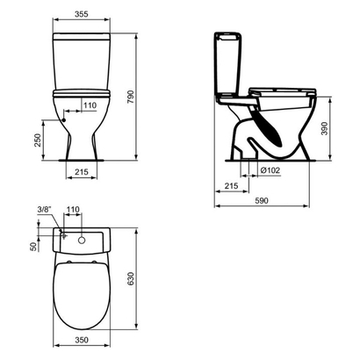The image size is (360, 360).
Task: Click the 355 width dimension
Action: click(x=82, y=15)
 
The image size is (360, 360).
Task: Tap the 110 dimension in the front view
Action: click(x=90, y=105)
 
